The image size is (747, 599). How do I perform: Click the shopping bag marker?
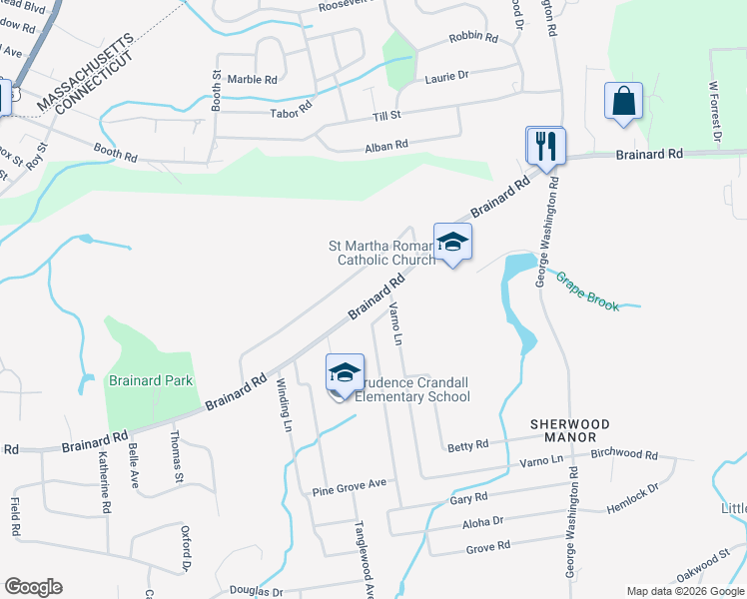click(623, 102)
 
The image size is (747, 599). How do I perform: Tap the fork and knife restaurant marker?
click(546, 146)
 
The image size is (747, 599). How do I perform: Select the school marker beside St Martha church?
click(452, 243)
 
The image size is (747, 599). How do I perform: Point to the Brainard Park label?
click(152, 380)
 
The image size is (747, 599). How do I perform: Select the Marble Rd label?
click(252, 79)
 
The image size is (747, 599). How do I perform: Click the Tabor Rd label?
click(292, 113)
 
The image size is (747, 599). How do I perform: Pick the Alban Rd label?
click(386, 145)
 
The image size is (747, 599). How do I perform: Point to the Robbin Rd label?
click(473, 38)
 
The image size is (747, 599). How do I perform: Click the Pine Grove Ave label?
click(349, 485)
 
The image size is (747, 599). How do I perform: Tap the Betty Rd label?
click(467, 445)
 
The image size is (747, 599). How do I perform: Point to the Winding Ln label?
click(284, 405)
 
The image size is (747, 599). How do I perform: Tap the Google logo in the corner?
click(34, 587)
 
